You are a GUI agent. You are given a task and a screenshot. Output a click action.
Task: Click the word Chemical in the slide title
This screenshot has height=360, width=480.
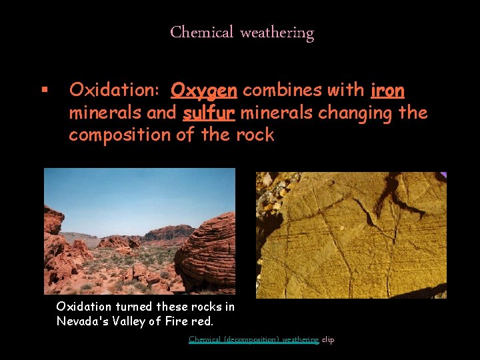tap(201, 32)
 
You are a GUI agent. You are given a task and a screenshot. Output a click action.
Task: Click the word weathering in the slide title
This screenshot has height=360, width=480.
tap(277, 32)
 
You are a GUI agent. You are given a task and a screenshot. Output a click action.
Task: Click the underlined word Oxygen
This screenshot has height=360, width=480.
tap(205, 89)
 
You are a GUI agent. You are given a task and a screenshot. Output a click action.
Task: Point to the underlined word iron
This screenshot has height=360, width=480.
tap(387, 89)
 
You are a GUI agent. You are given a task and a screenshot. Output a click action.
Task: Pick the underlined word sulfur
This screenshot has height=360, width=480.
tap(208, 113)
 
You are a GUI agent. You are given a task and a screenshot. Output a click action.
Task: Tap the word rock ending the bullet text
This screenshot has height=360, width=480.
tap(255, 135)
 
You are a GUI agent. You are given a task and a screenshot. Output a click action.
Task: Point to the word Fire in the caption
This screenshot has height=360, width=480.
tap(179, 321)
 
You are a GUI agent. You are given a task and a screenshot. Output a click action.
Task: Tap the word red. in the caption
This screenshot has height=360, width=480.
tap(205, 321)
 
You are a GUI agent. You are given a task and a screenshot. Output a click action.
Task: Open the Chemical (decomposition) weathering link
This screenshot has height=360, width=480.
tap(253, 340)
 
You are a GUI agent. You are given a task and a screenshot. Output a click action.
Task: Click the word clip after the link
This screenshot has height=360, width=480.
tap(328, 340)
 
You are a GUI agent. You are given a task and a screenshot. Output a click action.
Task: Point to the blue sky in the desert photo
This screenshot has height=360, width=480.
tap(133, 193)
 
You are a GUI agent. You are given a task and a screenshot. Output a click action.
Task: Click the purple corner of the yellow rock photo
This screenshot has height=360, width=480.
tap(442, 176)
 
